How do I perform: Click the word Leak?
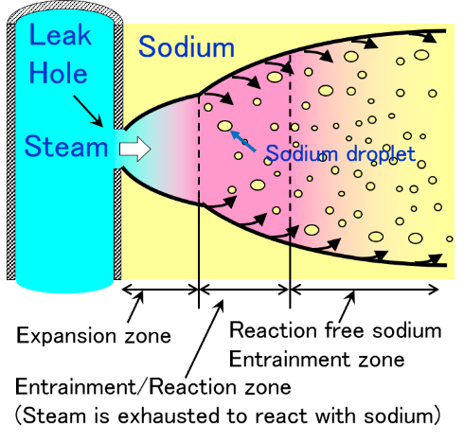tap(60, 35)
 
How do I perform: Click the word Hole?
tap(58, 72)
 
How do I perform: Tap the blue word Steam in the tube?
tap(66, 146)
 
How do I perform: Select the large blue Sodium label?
tap(187, 46)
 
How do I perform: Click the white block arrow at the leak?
tap(135, 149)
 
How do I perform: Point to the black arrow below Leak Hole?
tap(88, 111)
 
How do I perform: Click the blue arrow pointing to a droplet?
tap(242, 141)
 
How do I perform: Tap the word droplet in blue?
tap(381, 154)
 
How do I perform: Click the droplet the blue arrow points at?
tap(225, 126)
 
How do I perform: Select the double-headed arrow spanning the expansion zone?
tap(160, 290)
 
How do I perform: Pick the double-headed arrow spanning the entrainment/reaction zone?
tap(244, 290)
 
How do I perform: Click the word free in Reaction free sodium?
tap(345, 330)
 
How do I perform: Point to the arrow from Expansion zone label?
tap(135, 307)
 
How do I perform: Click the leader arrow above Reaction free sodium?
tap(348, 307)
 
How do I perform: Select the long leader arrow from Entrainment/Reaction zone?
tap(205, 338)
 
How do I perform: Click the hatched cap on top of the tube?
tap(64, 12)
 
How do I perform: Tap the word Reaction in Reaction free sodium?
tap(273, 330)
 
